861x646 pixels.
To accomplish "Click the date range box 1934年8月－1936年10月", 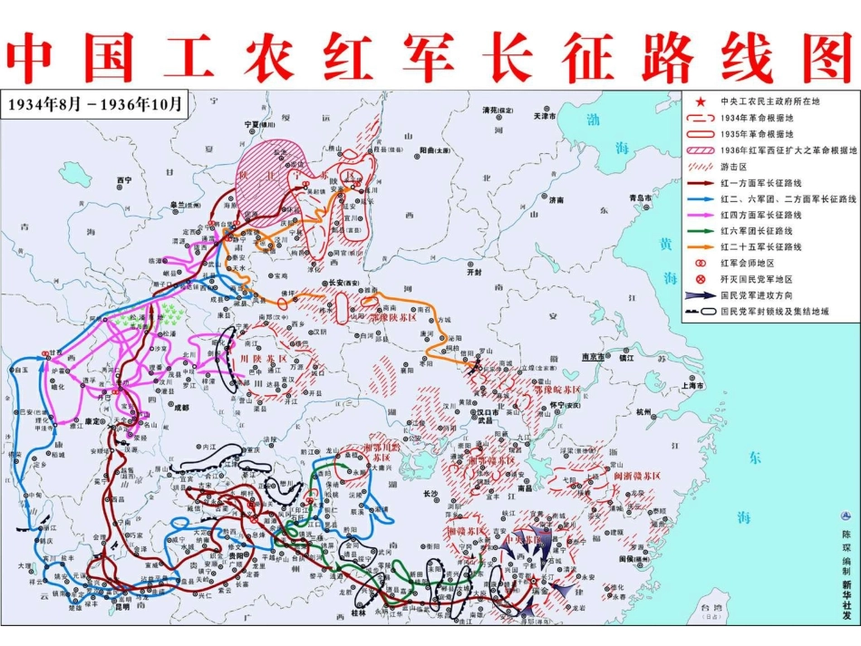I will (x=96, y=103).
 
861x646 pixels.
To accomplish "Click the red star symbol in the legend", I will (x=700, y=101).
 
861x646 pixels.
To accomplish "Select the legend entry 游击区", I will (x=734, y=167).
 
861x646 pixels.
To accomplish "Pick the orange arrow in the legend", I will (x=700, y=246).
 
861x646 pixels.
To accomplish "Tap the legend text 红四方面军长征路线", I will (x=760, y=215).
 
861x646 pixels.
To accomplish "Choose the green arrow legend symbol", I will (x=700, y=230).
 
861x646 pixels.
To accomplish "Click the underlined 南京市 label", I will (x=594, y=356).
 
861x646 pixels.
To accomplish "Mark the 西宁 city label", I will (x=125, y=180).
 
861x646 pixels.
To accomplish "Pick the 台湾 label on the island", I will (x=717, y=605).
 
